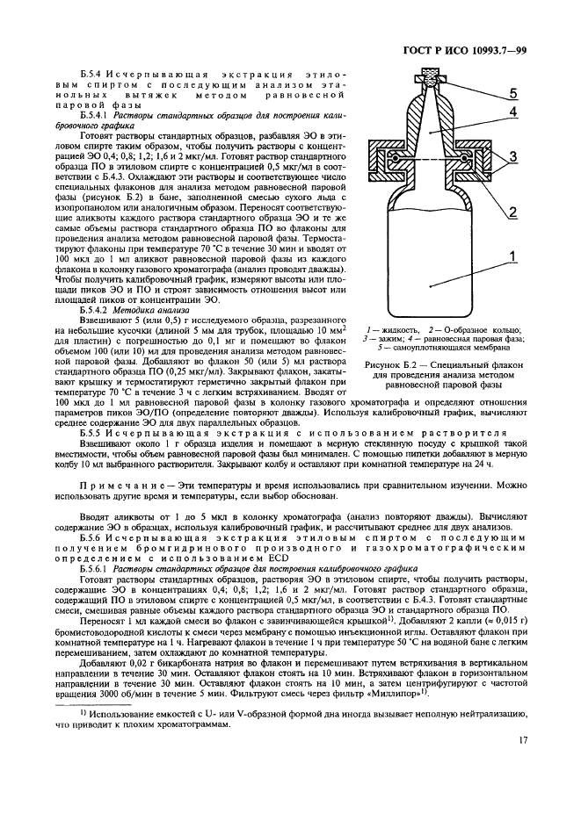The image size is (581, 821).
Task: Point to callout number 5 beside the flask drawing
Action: (x=513, y=93)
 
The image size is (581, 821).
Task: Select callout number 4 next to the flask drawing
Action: (x=511, y=113)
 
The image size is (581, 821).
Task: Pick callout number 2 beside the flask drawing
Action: (x=512, y=212)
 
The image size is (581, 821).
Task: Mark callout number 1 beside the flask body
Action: (x=511, y=259)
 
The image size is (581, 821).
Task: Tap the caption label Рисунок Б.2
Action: (x=393, y=364)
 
